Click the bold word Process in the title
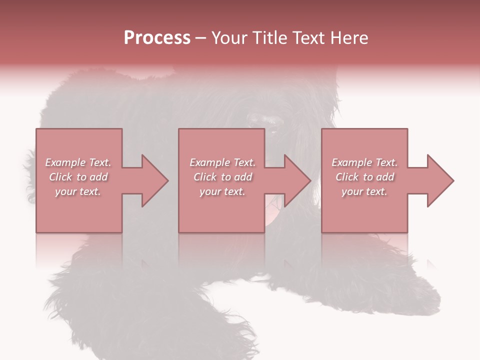[x=157, y=38]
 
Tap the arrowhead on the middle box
[x=297, y=180]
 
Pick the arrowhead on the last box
[x=440, y=180]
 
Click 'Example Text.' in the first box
[x=78, y=162]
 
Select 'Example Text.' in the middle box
[x=222, y=162]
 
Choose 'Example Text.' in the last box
[x=364, y=162]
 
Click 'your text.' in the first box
[x=78, y=191]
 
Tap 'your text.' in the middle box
[x=222, y=191]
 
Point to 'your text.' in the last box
[x=364, y=191]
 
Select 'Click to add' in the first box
[x=78, y=177]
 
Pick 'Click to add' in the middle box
[x=222, y=177]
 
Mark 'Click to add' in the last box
[x=364, y=177]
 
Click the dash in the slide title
[x=200, y=38]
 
